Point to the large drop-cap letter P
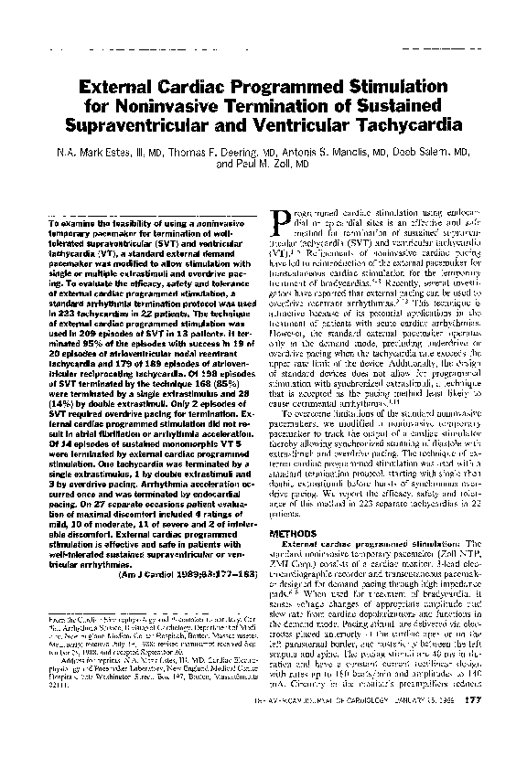285,219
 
